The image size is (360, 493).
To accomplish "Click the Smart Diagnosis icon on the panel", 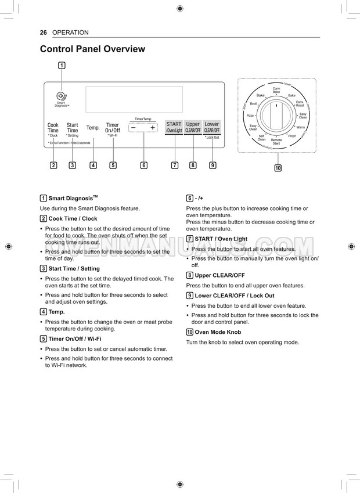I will (62, 96).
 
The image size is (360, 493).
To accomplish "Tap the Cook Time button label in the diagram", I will (53, 128).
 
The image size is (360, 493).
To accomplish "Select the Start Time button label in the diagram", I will (72, 128).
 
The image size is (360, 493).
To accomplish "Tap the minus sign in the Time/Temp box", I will (134, 128).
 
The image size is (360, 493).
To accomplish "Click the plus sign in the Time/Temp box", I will (153, 128).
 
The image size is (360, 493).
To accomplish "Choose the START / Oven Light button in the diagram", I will (174, 127).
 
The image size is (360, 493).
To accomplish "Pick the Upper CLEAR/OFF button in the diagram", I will (193, 127).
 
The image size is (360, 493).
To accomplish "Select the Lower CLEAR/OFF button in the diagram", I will (212, 127).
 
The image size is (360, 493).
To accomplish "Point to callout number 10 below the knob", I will (278, 168).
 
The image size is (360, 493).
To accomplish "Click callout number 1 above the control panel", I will (62, 65).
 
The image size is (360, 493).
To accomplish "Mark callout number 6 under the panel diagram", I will (143, 165).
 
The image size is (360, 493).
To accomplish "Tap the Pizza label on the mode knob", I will (250, 116).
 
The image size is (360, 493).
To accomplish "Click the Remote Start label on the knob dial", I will (276, 141).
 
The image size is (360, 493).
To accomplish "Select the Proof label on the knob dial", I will (291, 136).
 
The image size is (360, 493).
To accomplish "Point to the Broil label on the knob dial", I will (253, 103).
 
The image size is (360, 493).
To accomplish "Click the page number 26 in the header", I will (44, 33).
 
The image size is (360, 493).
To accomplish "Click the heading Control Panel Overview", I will (92, 49).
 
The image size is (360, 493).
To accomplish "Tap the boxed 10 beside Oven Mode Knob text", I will (189, 332).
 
